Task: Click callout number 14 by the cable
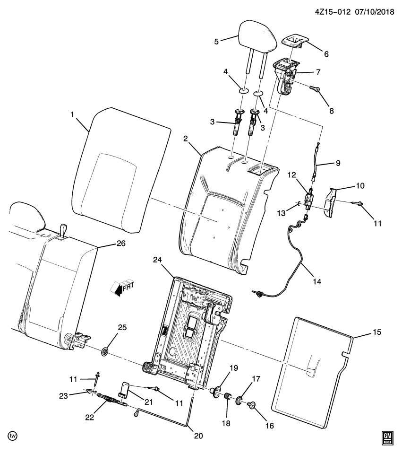(316, 281)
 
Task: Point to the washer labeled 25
(105, 351)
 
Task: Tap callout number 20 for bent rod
(198, 436)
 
